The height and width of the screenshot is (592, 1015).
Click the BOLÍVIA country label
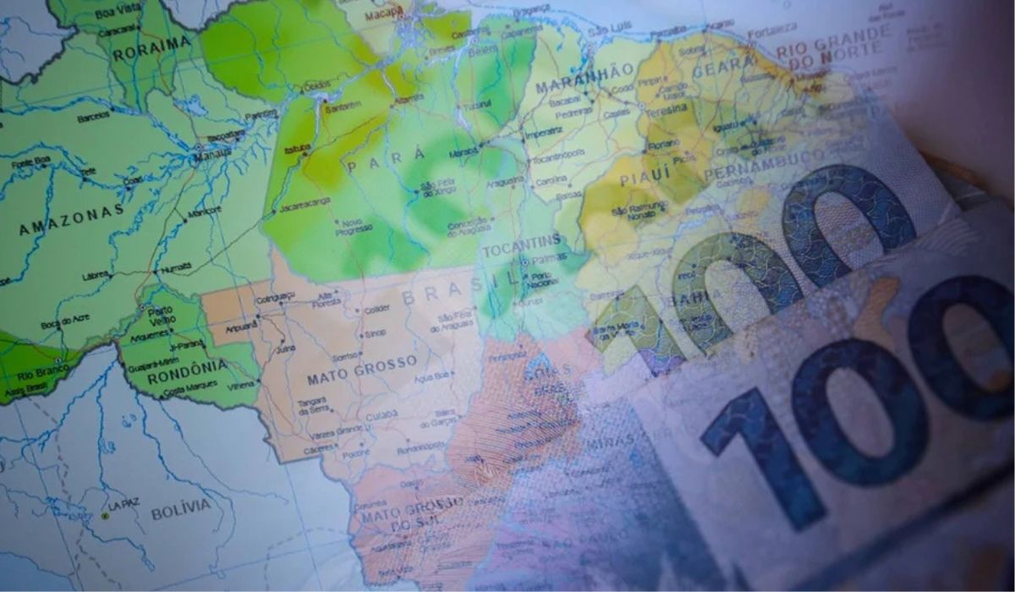click(180, 510)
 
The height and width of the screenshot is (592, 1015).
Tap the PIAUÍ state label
click(645, 175)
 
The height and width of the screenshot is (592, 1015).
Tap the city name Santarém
click(343, 107)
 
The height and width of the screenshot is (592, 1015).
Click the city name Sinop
click(375, 333)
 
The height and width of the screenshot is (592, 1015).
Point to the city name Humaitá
click(177, 266)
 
